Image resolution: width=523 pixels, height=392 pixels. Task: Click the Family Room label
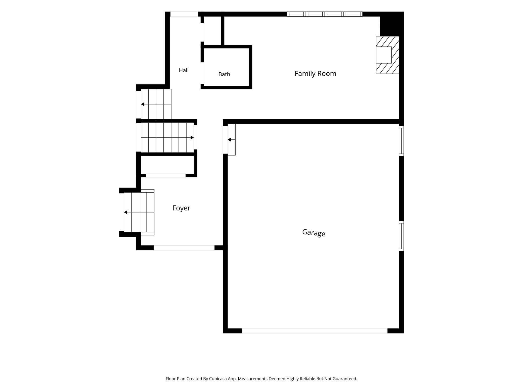[315, 73]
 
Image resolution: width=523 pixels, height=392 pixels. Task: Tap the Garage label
[314, 233]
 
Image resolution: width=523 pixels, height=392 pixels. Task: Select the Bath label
[224, 74]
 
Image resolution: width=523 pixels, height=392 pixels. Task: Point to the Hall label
[184, 70]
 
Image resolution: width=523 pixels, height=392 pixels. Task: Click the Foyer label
[181, 208]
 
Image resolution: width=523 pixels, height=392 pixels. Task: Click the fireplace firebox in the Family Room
[384, 55]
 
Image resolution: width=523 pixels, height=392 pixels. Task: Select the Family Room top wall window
[325, 14]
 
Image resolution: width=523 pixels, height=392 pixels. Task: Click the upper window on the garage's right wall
[402, 141]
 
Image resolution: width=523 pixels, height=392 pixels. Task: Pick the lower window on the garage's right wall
[402, 236]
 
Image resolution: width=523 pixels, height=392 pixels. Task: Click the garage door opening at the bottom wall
[315, 331]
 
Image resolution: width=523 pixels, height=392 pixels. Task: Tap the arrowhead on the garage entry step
[229, 140]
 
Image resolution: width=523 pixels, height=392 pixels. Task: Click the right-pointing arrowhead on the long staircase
[192, 137]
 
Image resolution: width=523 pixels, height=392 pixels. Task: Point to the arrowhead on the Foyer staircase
[126, 212]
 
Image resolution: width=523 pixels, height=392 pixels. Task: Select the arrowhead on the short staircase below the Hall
[143, 104]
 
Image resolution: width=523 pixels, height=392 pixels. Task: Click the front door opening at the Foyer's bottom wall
[184, 248]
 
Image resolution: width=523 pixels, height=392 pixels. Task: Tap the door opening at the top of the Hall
[184, 14]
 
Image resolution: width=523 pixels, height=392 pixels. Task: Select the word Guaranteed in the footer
[345, 379]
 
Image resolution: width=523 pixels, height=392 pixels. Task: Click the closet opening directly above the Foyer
[166, 175]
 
